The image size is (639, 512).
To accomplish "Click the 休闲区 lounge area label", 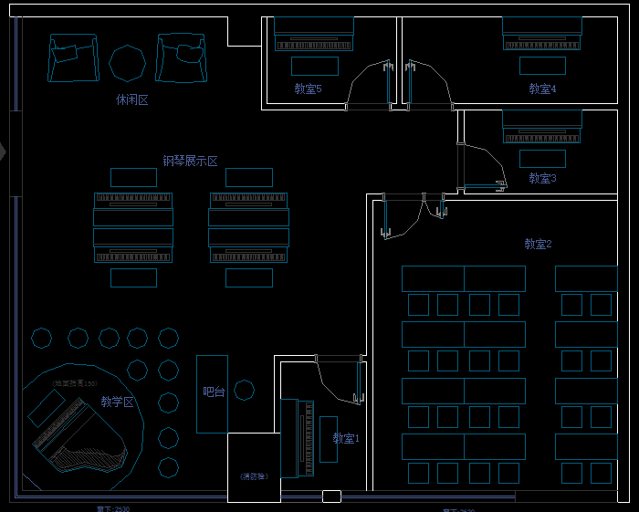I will point(131,99).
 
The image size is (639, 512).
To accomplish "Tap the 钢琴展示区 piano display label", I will point(190,162).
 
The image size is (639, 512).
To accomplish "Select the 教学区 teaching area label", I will point(117,402).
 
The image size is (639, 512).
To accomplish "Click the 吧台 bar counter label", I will point(213,392).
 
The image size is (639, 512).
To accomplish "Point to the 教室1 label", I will point(346,439).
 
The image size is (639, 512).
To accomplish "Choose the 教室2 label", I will point(538,244).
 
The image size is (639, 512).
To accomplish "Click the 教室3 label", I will point(542,179).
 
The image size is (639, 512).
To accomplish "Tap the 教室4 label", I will point(542,89).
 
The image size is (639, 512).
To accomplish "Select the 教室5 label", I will point(308,89).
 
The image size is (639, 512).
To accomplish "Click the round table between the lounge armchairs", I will point(127,62).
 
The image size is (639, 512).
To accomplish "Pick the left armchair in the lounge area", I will point(74,58).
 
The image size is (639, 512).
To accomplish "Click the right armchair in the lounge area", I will point(181,58).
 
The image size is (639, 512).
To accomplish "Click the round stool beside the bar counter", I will point(244,391).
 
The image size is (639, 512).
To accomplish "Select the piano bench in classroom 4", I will point(542,66).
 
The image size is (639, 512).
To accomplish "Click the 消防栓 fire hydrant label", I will point(254,476).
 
